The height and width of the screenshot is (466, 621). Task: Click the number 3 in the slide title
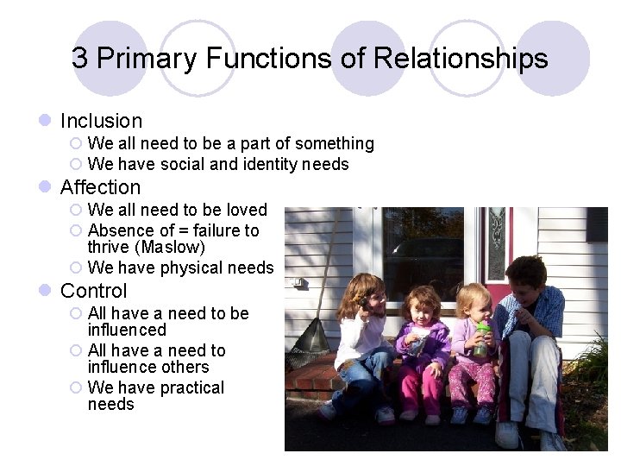(x=80, y=59)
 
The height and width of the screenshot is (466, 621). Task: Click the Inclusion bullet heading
(x=101, y=121)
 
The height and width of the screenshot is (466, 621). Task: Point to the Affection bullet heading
(x=100, y=187)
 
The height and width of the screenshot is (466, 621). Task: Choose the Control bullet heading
(x=93, y=291)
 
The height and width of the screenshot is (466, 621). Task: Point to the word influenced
(x=127, y=330)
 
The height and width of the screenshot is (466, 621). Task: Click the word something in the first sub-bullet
(x=331, y=143)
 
